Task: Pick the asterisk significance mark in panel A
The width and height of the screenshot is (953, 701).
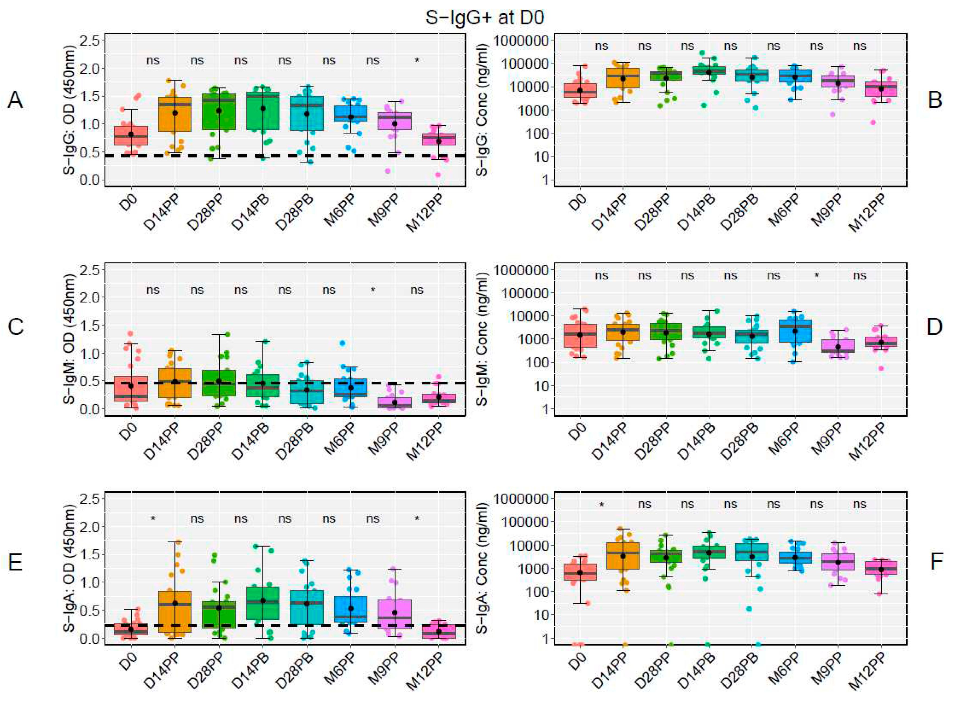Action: tap(417, 61)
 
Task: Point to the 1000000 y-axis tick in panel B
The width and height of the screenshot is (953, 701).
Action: tap(523, 41)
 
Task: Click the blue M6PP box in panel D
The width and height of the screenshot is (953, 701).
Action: tap(795, 331)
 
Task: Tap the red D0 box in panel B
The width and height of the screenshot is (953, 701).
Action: tap(580, 90)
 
